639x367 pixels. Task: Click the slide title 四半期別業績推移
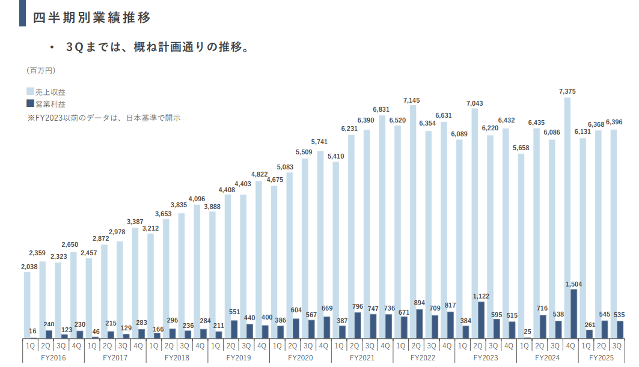(91, 17)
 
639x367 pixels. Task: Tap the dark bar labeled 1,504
(573, 314)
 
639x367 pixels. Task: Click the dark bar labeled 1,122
(481, 320)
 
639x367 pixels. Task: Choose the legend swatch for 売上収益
(30, 93)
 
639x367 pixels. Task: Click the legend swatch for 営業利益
(30, 104)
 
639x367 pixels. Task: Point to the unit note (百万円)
(41, 70)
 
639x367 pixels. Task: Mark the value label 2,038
(28, 266)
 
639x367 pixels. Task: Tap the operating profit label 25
(527, 332)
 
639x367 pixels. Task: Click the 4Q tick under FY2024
(570, 345)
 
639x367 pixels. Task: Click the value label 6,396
(615, 123)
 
